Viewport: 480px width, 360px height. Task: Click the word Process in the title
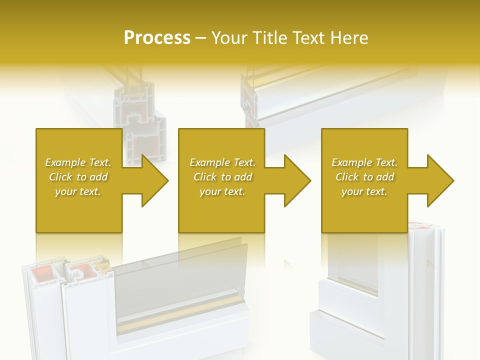[157, 38]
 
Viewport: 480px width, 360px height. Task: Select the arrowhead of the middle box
[296, 180]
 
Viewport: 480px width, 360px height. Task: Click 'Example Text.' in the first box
[78, 162]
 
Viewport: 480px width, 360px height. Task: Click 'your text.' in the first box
[78, 191]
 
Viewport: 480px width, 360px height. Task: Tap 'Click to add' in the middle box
[222, 177]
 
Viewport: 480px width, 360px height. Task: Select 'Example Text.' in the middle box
[222, 162]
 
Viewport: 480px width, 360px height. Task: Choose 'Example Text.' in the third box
[364, 162]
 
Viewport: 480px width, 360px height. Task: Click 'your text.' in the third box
[364, 191]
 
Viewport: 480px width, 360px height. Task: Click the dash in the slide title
[200, 38]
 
